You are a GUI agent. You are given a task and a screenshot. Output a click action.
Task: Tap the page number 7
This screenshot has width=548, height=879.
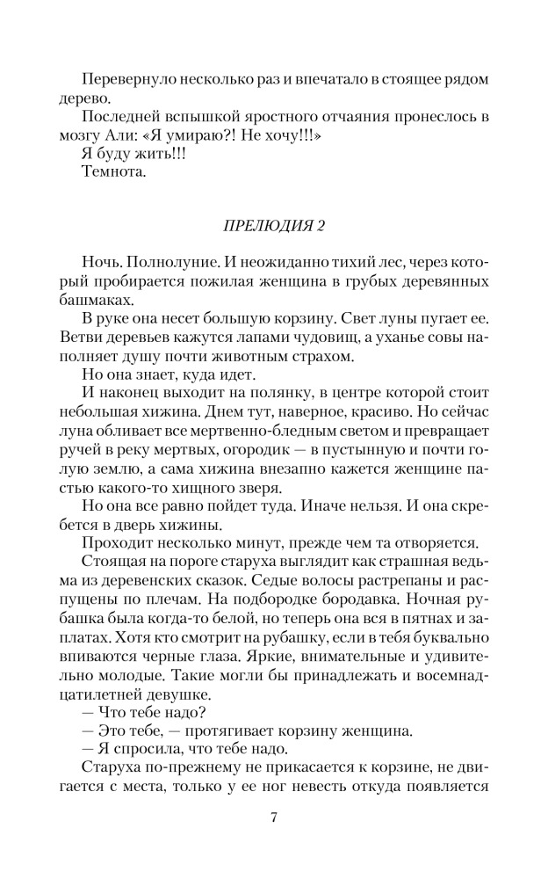coord(274,818)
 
